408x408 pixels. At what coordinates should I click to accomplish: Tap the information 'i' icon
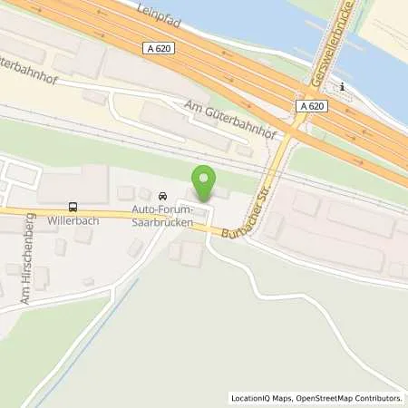tap(342, 86)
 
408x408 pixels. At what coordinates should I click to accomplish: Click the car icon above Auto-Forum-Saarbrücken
tap(162, 197)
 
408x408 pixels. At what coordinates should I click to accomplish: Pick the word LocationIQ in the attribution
tap(250, 398)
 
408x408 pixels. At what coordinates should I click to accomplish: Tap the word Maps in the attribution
tap(281, 398)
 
